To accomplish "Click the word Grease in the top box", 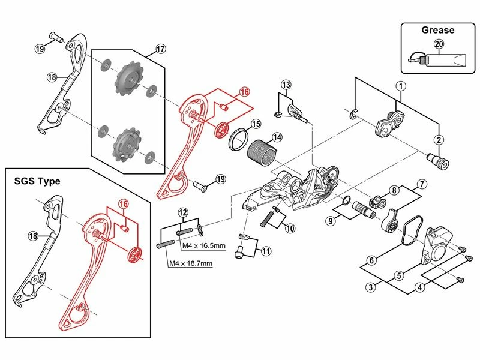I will click(x=437, y=30).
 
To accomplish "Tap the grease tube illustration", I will click(x=441, y=60).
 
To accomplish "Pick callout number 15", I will click(x=256, y=125).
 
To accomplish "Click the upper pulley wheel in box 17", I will click(x=129, y=80).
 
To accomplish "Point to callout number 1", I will click(x=400, y=85).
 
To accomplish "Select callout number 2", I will click(x=439, y=140).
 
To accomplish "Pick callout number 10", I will click(x=290, y=228).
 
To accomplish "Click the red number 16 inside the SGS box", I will click(x=123, y=205).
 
